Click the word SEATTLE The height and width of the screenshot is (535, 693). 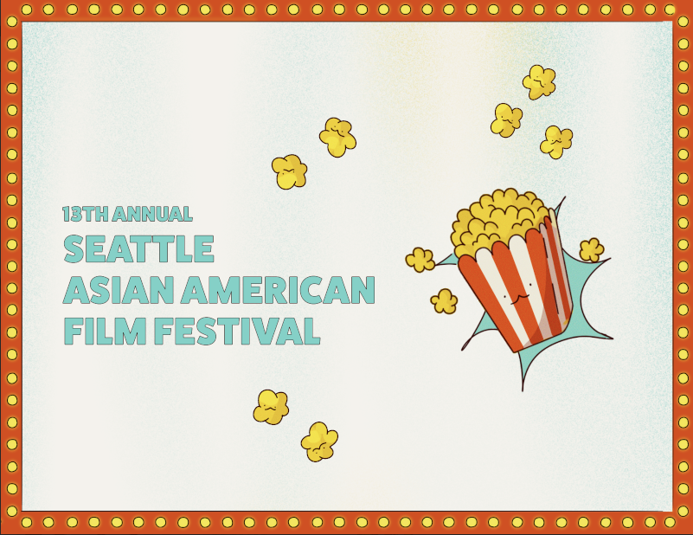(x=138, y=248)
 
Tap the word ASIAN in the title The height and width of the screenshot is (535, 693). (x=118, y=290)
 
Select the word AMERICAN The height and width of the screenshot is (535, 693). (x=279, y=290)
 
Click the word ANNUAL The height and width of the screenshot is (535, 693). (x=152, y=214)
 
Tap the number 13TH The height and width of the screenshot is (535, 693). (x=85, y=214)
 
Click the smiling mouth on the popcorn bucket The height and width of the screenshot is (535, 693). (x=519, y=300)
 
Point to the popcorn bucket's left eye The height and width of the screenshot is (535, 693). (x=505, y=296)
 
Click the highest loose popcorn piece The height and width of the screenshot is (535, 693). (x=539, y=82)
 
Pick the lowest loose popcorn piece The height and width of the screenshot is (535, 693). (x=319, y=442)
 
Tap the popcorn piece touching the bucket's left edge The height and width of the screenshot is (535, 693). (x=420, y=260)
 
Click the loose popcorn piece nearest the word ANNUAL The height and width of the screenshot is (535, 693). (x=290, y=171)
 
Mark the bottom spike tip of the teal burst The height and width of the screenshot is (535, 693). (x=522, y=390)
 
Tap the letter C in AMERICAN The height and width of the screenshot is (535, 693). (x=319, y=290)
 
